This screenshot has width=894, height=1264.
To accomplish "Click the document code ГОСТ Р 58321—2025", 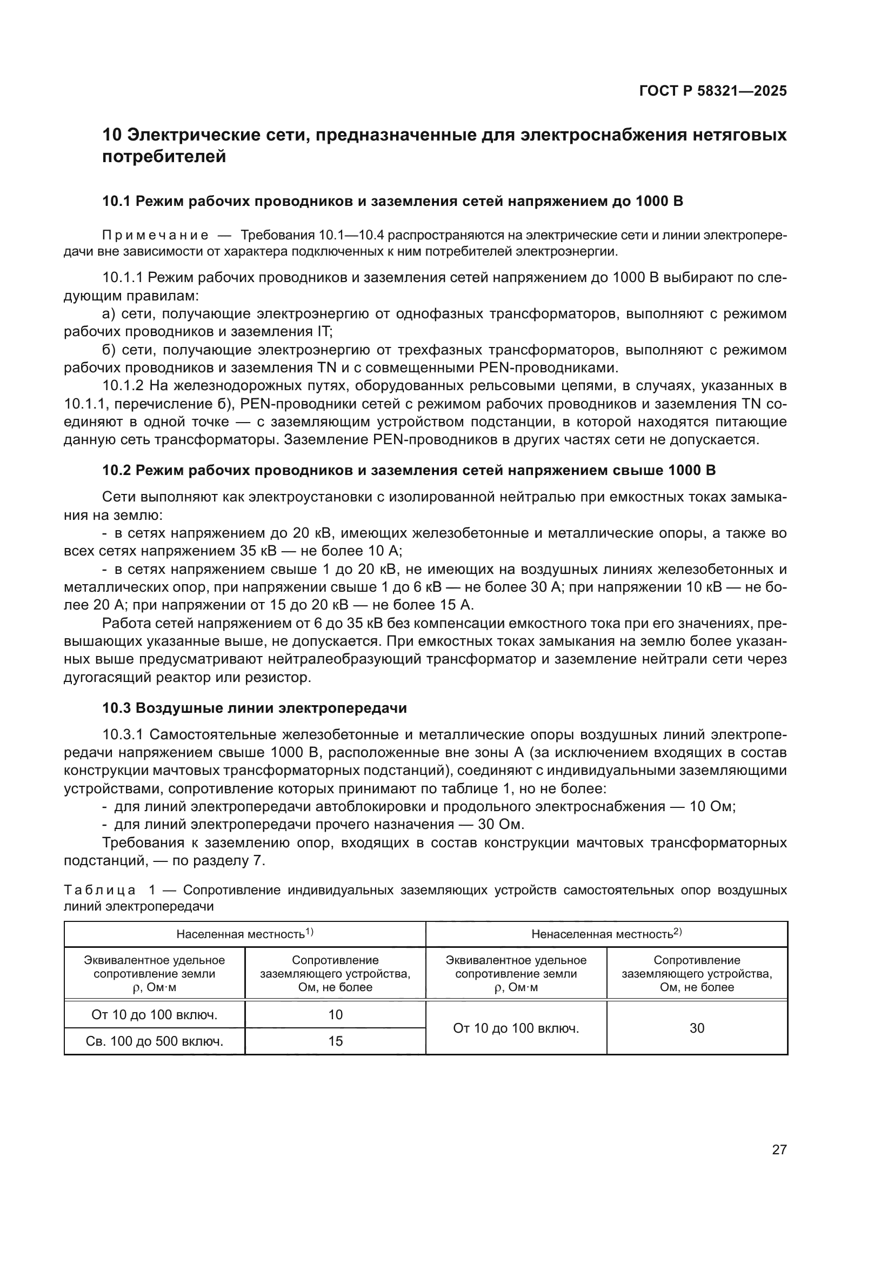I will tap(712, 91).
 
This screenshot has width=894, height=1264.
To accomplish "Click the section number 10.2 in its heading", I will tap(116, 471).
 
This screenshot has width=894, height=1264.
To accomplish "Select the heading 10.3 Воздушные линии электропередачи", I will tap(255, 708).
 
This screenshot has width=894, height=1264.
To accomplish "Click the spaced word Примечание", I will tap(155, 236).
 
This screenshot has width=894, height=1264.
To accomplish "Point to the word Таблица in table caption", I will tap(99, 890).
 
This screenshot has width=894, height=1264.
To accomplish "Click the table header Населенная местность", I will tap(241, 934).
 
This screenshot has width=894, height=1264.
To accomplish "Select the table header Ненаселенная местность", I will tap(602, 934).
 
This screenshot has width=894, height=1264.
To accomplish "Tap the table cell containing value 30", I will tap(696, 1028).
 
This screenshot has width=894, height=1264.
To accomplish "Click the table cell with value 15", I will tap(335, 1041).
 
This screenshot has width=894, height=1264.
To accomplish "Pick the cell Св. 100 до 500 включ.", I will tap(154, 1041).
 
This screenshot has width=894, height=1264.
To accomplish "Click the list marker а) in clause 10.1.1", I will tap(109, 314).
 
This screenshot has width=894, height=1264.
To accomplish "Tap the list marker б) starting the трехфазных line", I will tap(109, 350).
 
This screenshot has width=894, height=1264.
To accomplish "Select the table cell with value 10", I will tap(335, 1015).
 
